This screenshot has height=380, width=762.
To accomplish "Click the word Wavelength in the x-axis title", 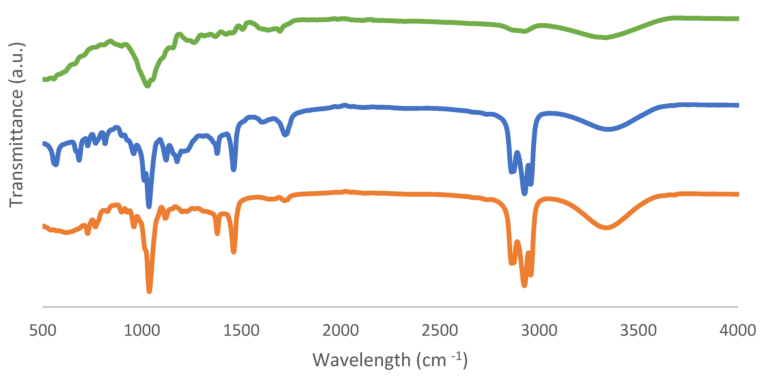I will pos(362,361).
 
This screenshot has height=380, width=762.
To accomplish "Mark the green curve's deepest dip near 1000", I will pos(147,86).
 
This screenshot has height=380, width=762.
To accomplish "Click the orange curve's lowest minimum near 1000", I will pos(149,291).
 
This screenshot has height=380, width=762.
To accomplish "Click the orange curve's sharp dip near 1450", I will pos(234,252).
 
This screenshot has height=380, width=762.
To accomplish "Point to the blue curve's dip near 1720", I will pos(285,135).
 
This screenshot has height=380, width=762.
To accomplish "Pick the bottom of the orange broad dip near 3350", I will pos(606,228).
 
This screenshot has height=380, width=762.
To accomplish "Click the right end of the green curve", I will pos(738,19).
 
